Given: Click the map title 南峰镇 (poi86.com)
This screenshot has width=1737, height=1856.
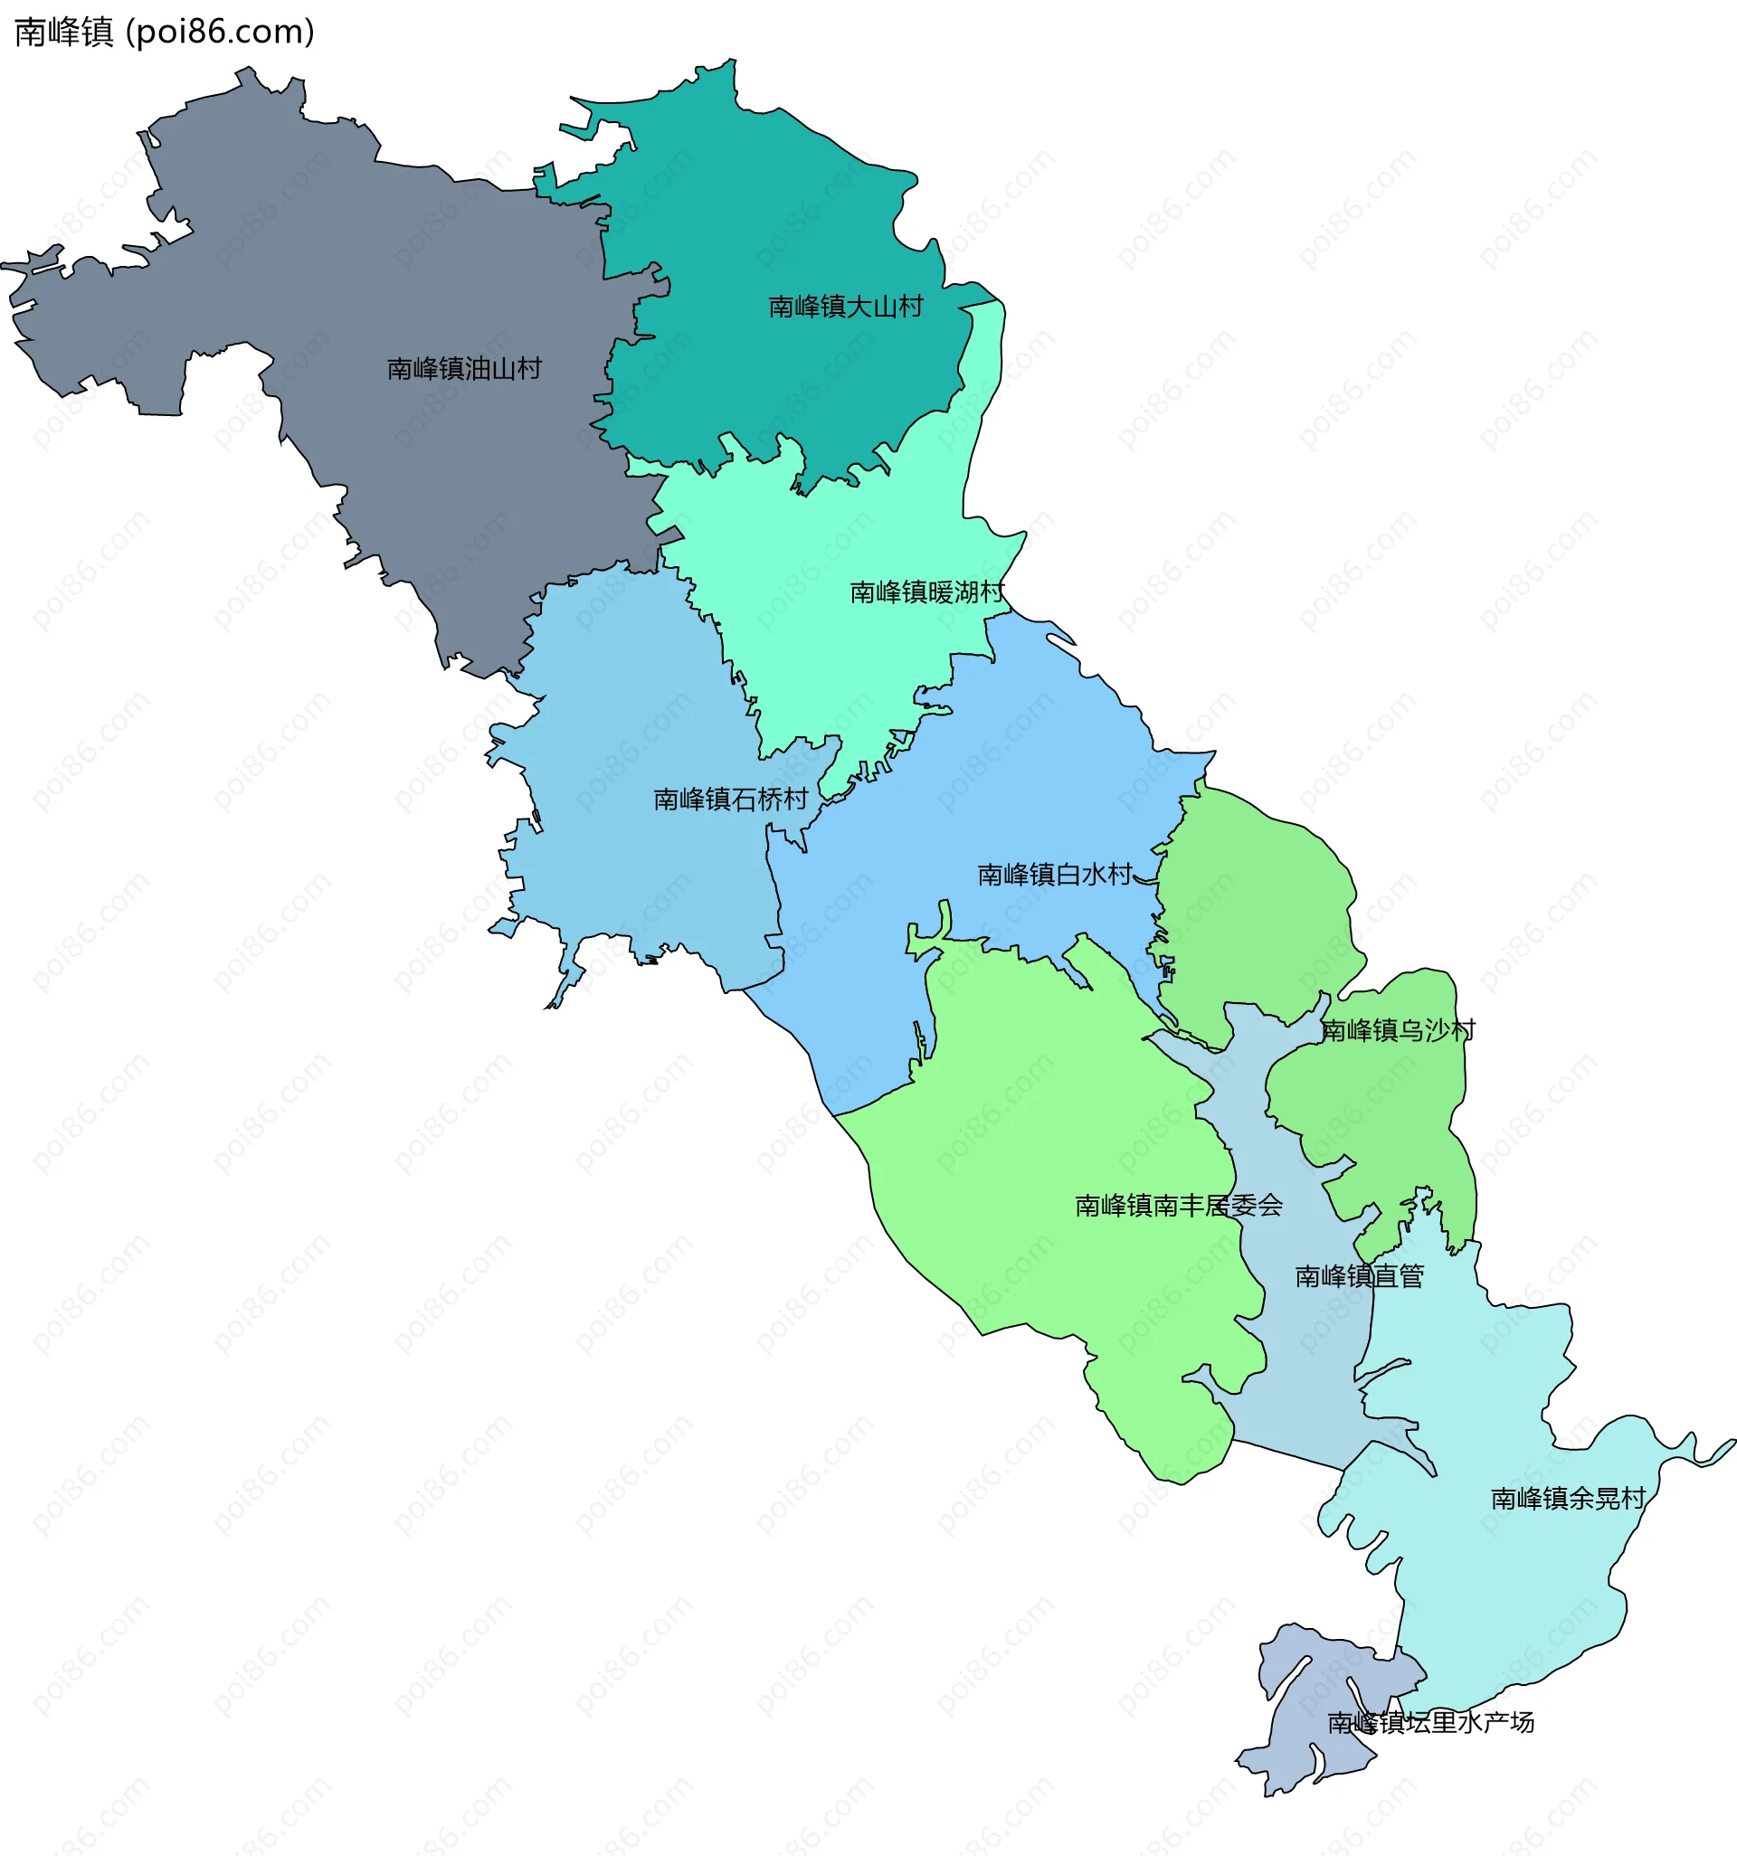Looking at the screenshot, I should point(165,32).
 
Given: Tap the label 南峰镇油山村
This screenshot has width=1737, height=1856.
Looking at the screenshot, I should point(464,369).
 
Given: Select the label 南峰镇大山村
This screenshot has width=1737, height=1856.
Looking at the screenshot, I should point(845,307).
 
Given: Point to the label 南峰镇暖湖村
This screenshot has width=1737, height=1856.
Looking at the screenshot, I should point(926,592).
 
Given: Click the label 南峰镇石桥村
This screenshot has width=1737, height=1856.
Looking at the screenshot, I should point(730,800).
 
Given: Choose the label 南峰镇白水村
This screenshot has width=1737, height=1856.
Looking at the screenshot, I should point(1054,875).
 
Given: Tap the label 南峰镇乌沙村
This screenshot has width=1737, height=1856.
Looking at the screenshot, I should point(1398,1031).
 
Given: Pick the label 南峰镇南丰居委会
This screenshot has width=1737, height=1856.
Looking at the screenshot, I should point(1179,1206).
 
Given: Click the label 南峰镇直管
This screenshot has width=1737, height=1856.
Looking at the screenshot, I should point(1360,1276).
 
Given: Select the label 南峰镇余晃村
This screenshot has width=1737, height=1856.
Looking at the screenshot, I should point(1568,1499).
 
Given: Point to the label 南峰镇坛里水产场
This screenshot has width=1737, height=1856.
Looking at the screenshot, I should point(1430,1722).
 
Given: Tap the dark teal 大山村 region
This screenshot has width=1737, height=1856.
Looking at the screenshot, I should point(793,214).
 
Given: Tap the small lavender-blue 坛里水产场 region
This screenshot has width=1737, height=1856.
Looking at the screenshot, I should point(1307,1728).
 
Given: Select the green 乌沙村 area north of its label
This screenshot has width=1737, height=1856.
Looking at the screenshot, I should point(1251,896).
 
